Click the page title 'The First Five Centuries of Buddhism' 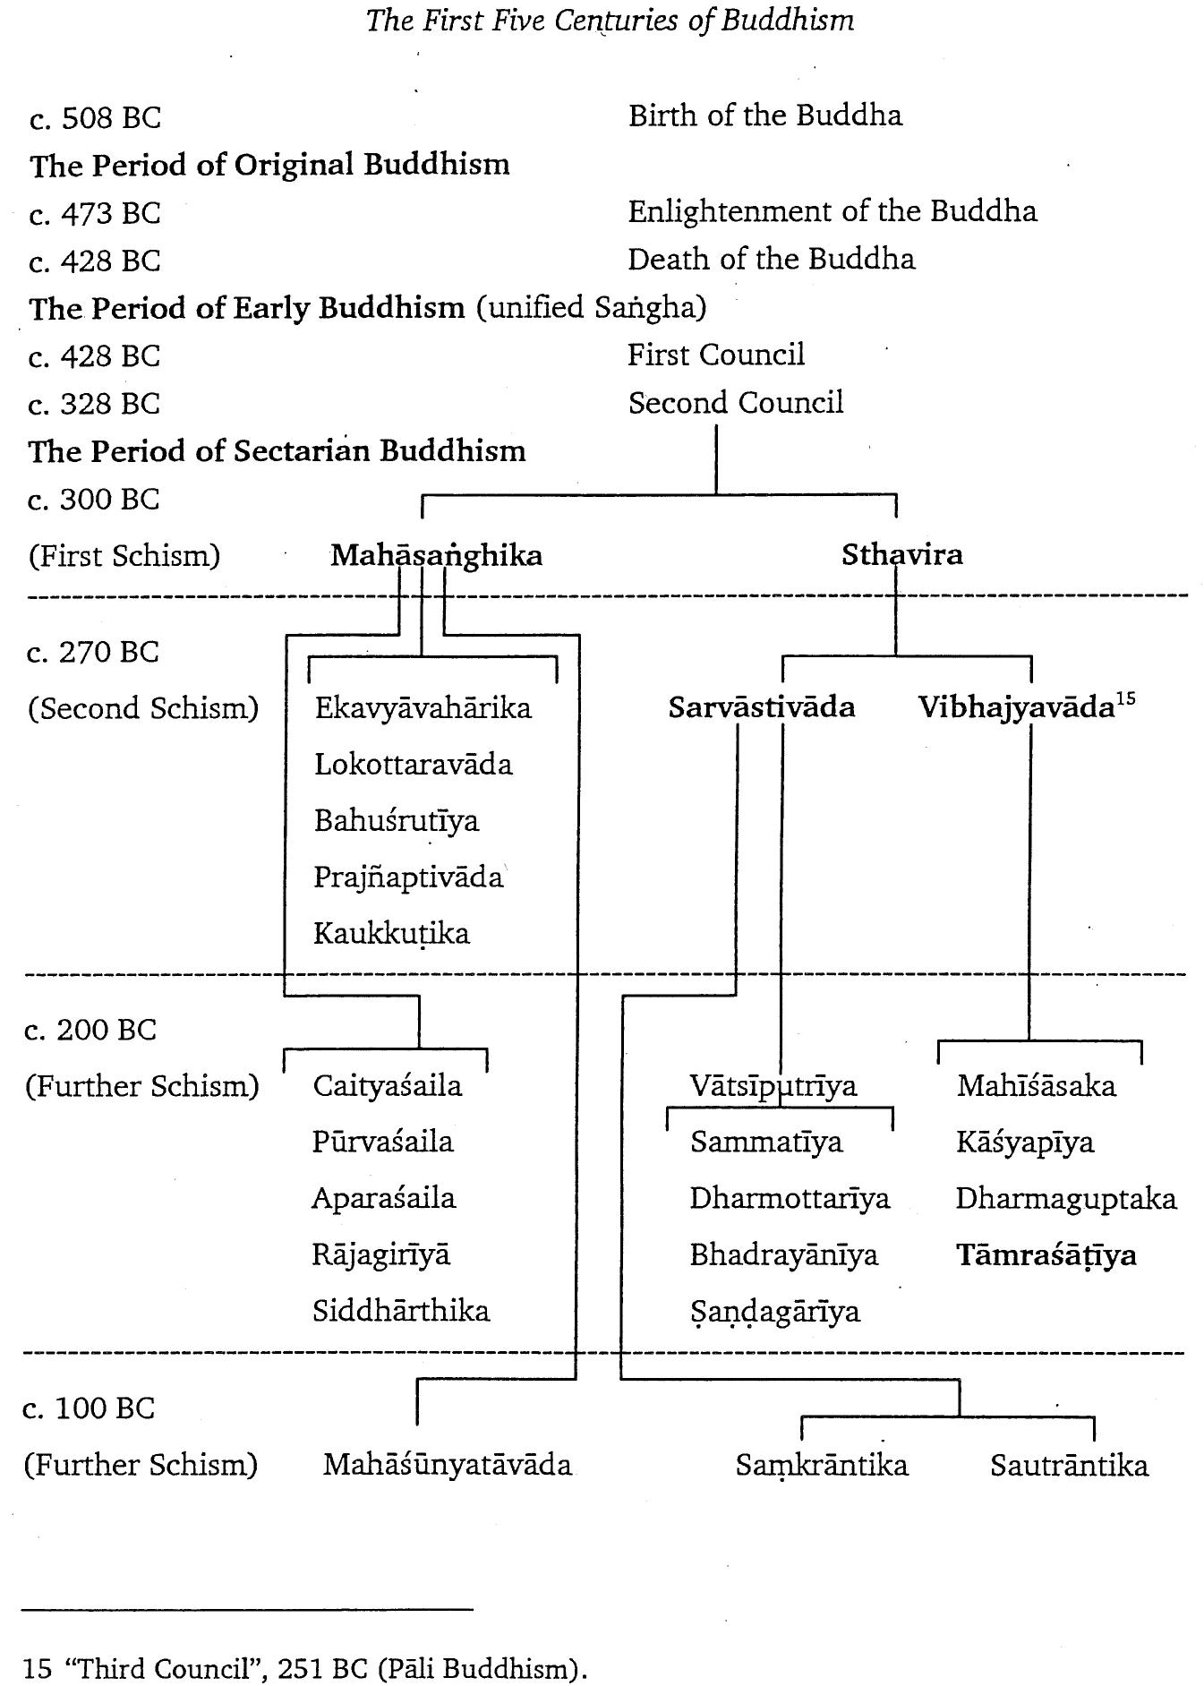pos(610,21)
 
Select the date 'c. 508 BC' pos(95,118)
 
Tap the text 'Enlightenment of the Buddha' pos(832,211)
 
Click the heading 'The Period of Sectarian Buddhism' pos(277,450)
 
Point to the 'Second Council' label pos(735,403)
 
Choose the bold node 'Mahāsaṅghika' pos(436,555)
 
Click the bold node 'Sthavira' pos(901,554)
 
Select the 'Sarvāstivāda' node pos(761,707)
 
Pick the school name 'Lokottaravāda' pos(413,765)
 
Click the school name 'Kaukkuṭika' pos(391,934)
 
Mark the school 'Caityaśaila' pos(387,1086)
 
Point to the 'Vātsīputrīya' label pos(773,1086)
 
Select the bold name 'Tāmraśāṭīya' pos(1046,1255)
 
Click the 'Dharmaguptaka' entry pos(1065,1199)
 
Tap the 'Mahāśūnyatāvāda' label pos(447,1465)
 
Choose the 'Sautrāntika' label pos(1069,1466)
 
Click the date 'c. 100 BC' pos(89,1408)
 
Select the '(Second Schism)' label pos(143,708)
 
